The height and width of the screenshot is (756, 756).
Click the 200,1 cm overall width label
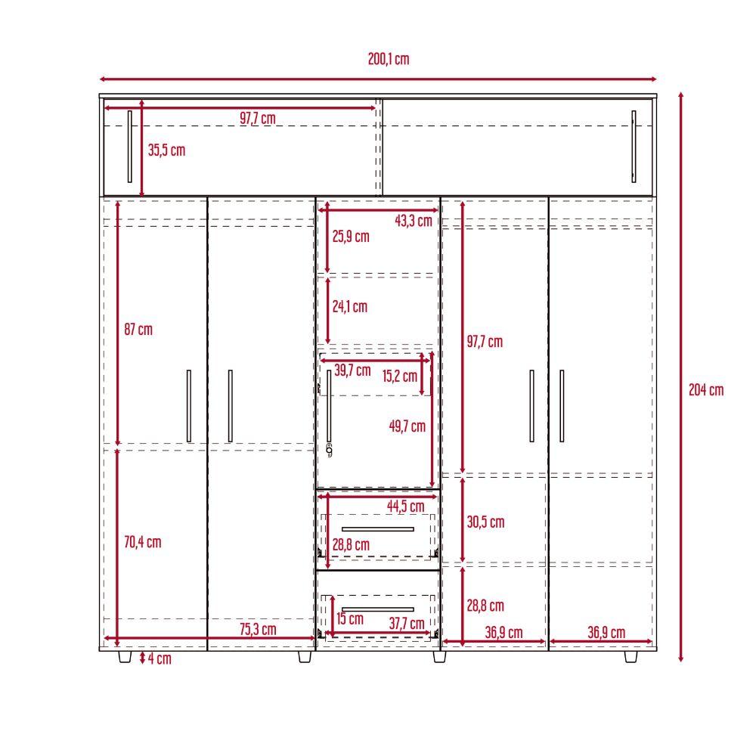point(389,59)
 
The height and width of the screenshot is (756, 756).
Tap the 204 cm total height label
point(706,389)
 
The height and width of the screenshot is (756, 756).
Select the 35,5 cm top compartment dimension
point(166,150)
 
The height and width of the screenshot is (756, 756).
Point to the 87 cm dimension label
point(138,330)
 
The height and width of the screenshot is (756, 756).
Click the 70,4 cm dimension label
point(143,542)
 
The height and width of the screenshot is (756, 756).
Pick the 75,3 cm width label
point(258,629)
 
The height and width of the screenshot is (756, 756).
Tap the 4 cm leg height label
point(160,658)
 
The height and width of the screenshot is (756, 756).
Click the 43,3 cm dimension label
point(414,221)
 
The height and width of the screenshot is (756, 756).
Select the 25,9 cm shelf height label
point(351,236)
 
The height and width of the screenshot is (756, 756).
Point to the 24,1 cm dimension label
point(349,306)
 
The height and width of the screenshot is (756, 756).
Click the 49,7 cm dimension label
point(407,426)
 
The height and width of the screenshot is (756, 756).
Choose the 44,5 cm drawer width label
point(405,507)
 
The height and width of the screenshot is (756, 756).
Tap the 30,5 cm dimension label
point(485,522)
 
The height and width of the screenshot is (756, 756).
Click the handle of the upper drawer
point(378,529)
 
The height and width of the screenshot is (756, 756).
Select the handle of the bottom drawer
point(378,609)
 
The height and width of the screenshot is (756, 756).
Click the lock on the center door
point(330,450)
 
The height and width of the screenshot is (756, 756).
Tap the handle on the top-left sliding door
point(130,147)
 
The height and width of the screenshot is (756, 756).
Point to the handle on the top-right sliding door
point(634,147)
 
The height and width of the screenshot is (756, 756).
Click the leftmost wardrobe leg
point(125,657)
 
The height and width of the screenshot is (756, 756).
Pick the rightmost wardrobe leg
point(631,657)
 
